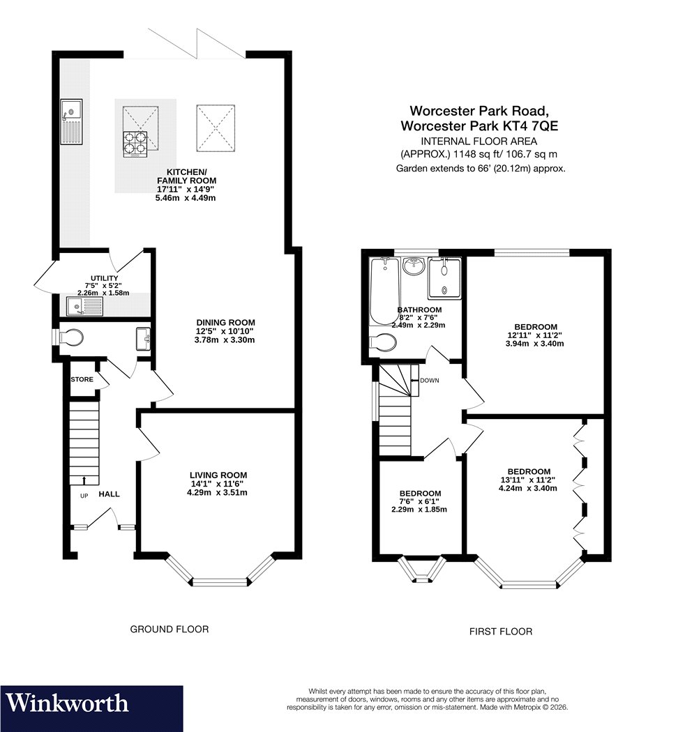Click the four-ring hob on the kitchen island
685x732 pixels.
(135, 144)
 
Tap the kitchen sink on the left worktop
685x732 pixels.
(71, 121)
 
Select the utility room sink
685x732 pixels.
(84, 307)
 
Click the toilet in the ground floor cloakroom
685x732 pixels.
(68, 337)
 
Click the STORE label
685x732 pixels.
(82, 379)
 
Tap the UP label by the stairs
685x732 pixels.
(84, 496)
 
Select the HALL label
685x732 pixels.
(109, 494)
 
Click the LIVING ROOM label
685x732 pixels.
(218, 475)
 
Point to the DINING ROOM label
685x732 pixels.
(226, 323)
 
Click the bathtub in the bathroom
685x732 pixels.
(384, 291)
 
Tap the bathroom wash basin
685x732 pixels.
(414, 266)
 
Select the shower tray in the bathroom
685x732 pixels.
(444, 278)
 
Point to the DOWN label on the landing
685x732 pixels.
(430, 381)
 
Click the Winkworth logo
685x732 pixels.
(67, 703)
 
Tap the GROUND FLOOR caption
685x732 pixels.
(169, 630)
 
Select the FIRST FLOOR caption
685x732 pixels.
(501, 632)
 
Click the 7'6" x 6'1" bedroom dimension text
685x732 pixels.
(420, 501)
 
